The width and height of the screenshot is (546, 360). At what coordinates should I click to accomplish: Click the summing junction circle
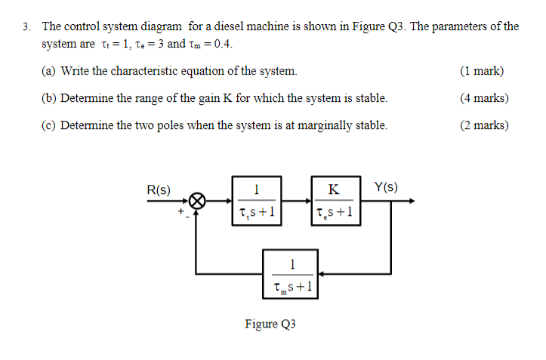(197, 202)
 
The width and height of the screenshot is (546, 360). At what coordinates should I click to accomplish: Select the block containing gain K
(335, 202)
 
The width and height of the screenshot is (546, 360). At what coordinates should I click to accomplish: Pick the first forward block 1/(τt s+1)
(257, 202)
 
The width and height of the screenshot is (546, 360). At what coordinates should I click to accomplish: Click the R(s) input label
(159, 189)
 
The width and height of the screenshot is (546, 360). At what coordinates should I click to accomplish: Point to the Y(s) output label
(386, 187)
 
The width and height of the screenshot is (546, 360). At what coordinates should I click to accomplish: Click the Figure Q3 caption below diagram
(270, 324)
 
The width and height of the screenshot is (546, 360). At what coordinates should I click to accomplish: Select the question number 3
(26, 26)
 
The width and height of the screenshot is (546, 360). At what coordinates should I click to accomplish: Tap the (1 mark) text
(481, 72)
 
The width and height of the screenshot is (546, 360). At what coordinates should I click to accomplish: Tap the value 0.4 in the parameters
(223, 44)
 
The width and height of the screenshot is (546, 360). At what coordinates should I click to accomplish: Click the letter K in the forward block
(335, 189)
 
